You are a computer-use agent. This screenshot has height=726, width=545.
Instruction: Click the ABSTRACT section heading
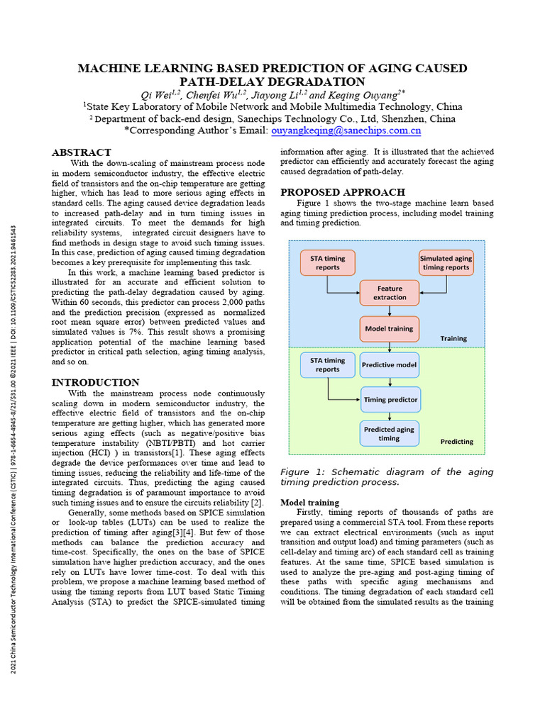[x=82, y=152]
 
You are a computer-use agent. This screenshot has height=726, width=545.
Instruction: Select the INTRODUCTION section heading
[x=95, y=383]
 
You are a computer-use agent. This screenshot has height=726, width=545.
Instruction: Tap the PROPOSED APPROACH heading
[x=343, y=192]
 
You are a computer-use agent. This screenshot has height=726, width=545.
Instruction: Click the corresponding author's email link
[x=346, y=130]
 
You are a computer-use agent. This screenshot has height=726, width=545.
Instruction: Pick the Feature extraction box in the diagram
[x=390, y=293]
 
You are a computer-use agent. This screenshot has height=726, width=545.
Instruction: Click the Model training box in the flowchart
[x=390, y=328]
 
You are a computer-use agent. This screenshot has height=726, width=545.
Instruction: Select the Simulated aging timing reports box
[x=446, y=263]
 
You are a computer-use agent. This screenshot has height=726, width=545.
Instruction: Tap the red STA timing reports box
[x=327, y=263]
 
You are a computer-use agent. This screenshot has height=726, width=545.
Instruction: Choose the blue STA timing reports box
[x=327, y=364]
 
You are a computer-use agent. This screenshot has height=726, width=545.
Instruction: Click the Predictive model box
[x=390, y=364]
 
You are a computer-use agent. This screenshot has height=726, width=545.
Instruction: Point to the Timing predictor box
[x=390, y=399]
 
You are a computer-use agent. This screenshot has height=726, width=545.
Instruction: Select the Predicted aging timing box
[x=389, y=433]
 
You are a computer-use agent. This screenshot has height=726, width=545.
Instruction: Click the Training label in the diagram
[x=453, y=338]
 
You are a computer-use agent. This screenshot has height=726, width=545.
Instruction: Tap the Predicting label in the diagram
[x=456, y=441]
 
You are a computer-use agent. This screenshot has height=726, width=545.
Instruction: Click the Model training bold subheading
[x=309, y=503]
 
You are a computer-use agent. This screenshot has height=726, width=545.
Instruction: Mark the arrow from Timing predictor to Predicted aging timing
[x=390, y=416]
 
